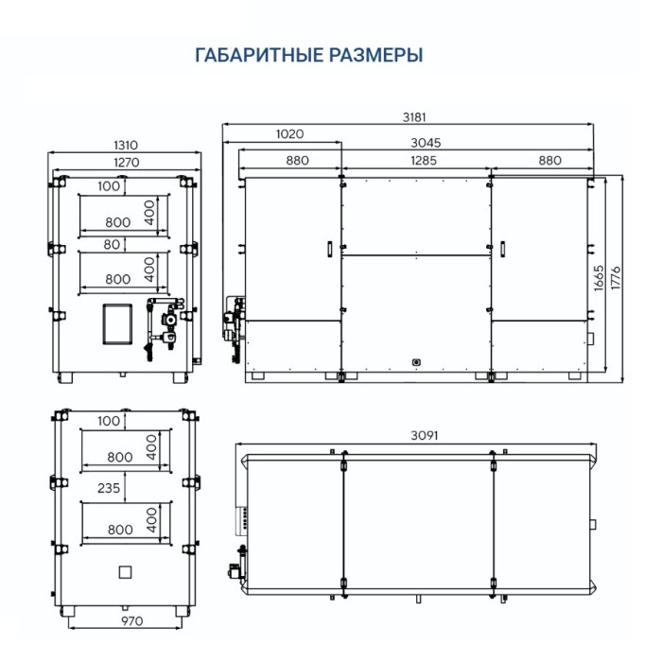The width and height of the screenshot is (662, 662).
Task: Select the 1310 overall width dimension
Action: pyautogui.click(x=126, y=145)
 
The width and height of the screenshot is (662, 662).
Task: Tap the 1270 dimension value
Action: pyautogui.click(x=126, y=162)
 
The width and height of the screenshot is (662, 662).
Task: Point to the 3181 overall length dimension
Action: pyautogui.click(x=413, y=117)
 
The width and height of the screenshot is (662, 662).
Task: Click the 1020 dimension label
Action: pyautogui.click(x=290, y=134)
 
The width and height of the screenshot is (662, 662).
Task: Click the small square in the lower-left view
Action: pyautogui.click(x=123, y=572)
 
